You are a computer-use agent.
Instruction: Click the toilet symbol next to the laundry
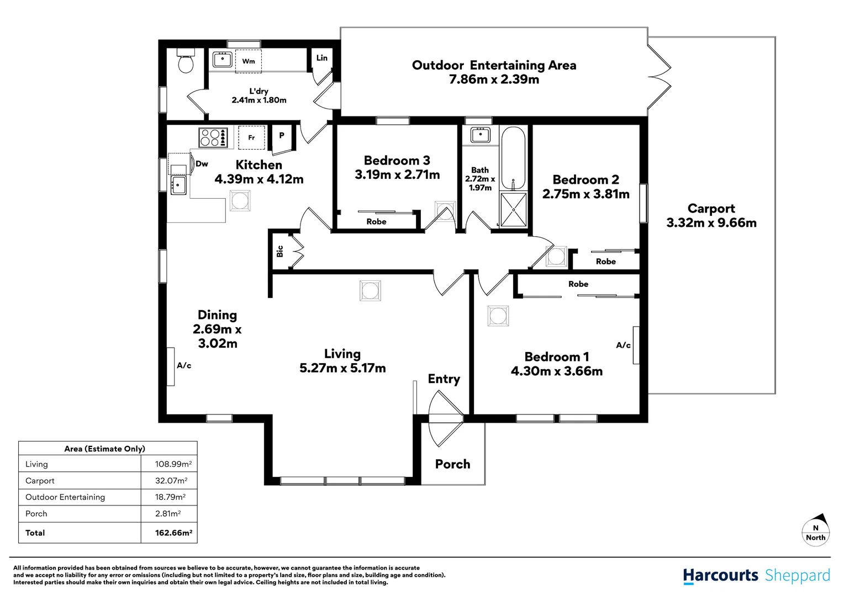point(186,60)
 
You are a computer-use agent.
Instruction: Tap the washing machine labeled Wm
point(249,61)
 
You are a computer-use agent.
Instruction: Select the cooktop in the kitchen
point(213,137)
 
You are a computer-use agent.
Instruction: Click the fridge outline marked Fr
point(251,137)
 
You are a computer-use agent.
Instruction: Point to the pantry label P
point(282,136)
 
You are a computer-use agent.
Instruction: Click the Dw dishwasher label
point(202,163)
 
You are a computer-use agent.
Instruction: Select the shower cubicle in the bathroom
point(513,210)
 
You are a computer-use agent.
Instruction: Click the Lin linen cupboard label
point(322,57)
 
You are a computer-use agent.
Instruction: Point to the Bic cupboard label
point(279,252)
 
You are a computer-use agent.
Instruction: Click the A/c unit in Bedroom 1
point(636,345)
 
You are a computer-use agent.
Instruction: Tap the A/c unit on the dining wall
point(171,366)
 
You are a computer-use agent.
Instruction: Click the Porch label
point(452,464)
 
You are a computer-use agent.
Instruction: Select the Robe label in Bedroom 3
point(376,221)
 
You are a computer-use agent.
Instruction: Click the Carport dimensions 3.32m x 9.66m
point(711,222)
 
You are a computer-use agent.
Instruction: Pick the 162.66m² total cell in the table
point(173,533)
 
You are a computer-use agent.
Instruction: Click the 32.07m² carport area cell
point(171,481)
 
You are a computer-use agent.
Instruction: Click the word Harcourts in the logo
point(721,576)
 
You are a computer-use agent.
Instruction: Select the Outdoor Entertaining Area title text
point(494,65)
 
